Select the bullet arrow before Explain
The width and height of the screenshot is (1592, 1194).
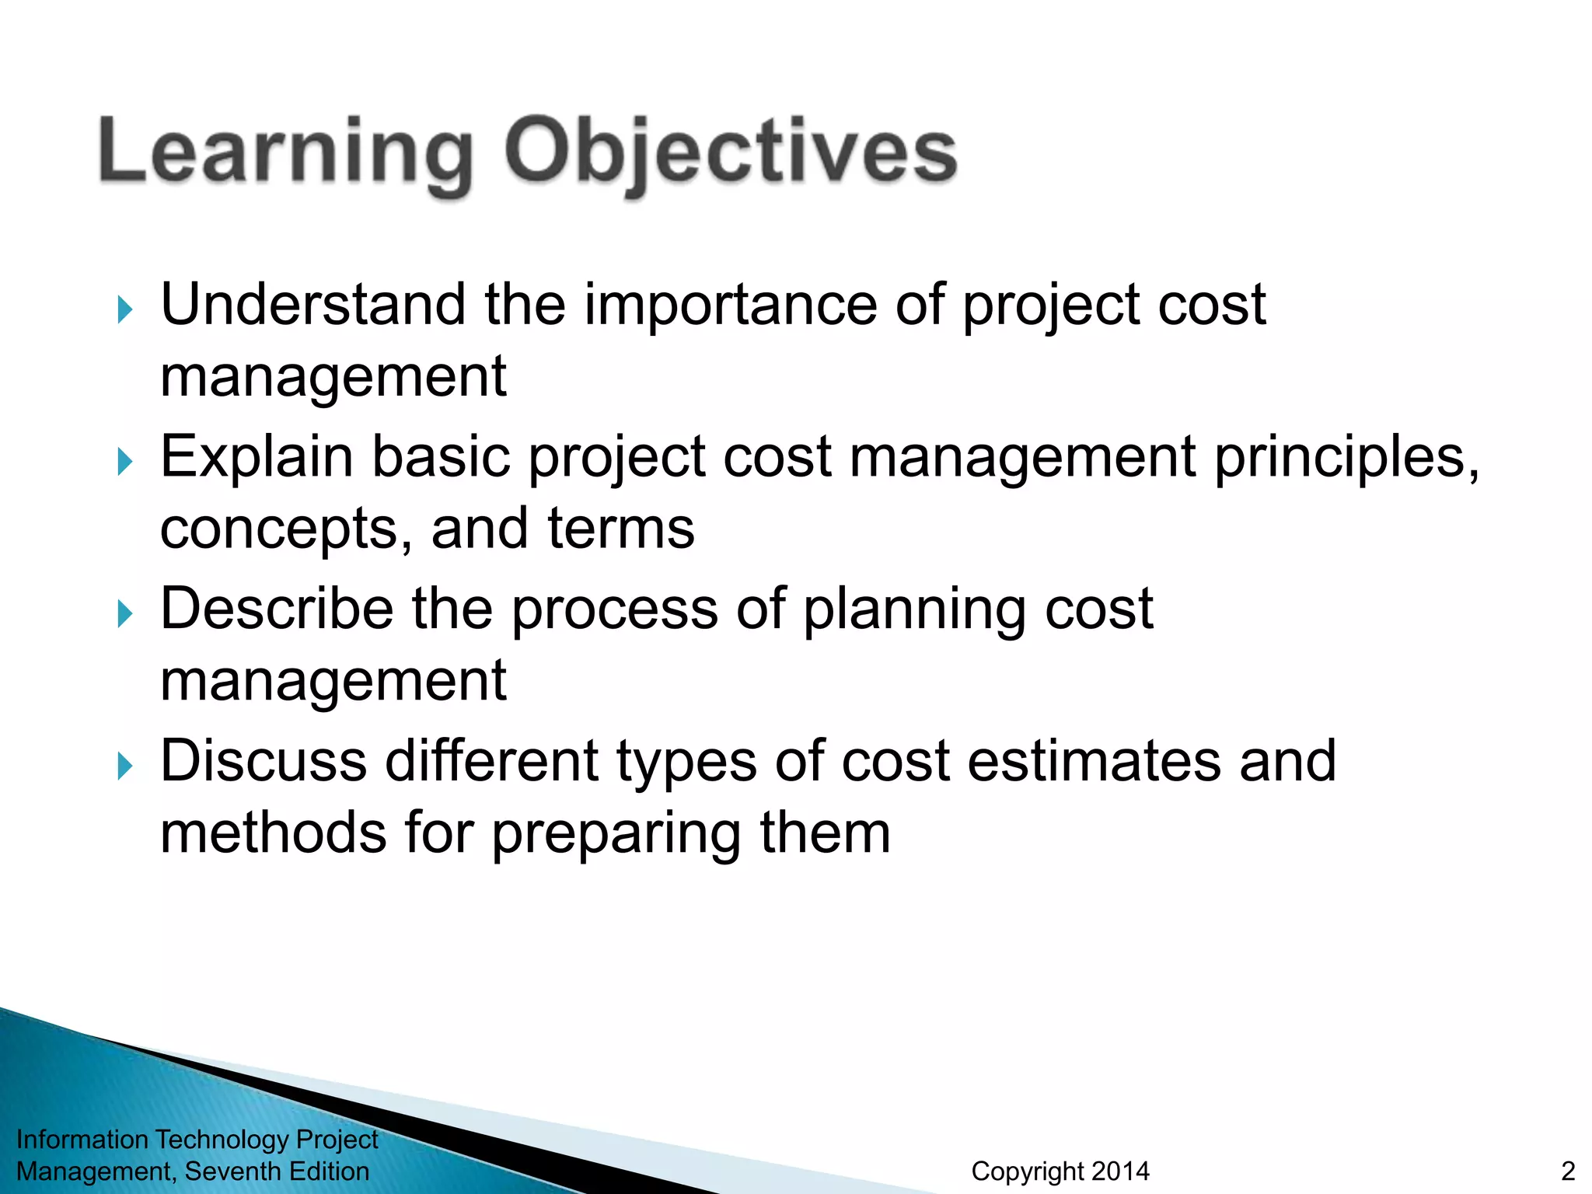[x=124, y=462]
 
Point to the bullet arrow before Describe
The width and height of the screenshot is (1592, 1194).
[x=124, y=614]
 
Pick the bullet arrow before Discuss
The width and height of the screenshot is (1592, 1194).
[x=124, y=766]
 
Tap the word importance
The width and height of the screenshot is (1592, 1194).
[x=731, y=304]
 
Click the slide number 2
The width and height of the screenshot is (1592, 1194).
[x=1567, y=1171]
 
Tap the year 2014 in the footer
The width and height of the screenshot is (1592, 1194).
[x=1120, y=1171]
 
